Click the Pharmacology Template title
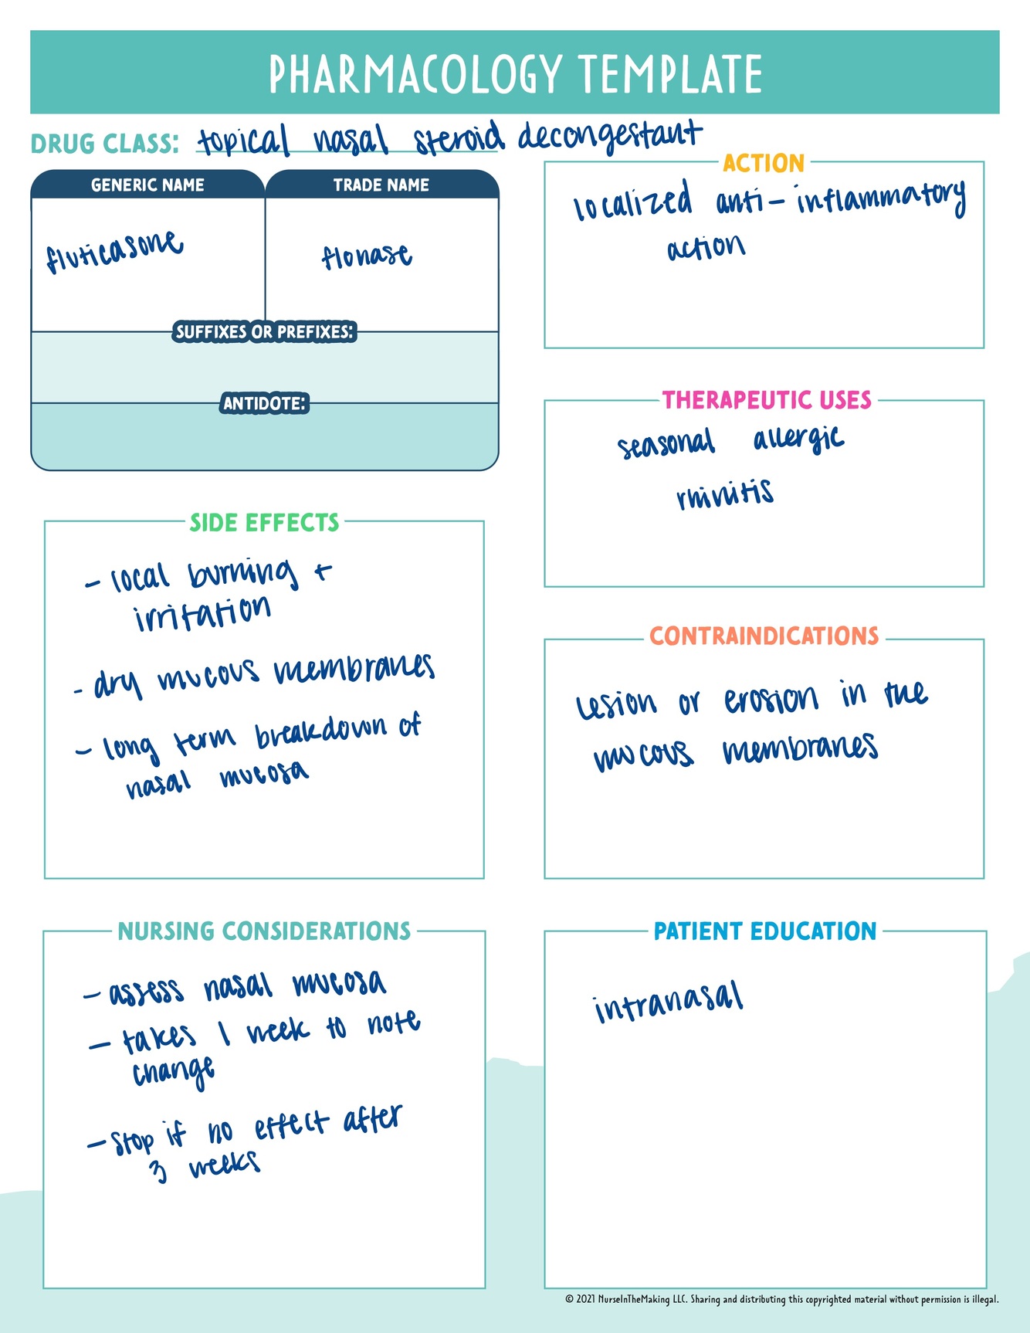(x=515, y=74)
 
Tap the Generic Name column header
(x=147, y=185)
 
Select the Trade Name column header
(x=381, y=185)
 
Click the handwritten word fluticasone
(x=114, y=251)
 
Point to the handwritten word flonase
(x=367, y=256)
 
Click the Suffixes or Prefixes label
(x=264, y=332)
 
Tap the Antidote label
(x=264, y=403)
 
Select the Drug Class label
(x=104, y=144)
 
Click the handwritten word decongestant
(x=610, y=137)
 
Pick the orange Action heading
(x=764, y=164)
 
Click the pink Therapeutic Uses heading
(x=767, y=400)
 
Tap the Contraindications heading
(x=764, y=636)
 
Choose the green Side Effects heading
(x=264, y=523)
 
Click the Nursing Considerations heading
(x=264, y=931)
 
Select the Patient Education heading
(x=765, y=931)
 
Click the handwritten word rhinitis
(x=724, y=494)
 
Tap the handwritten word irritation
(x=202, y=613)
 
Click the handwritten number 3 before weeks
(x=158, y=1171)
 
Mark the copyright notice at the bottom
(x=781, y=1300)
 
